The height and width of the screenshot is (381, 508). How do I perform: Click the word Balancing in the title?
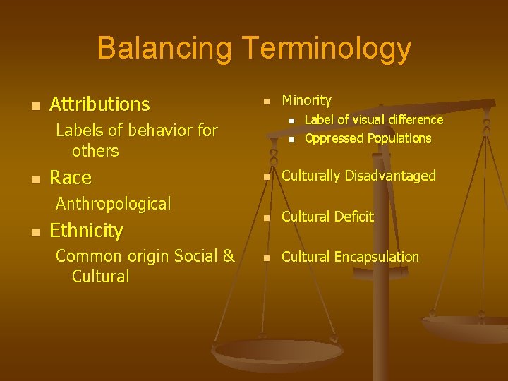coord(164,49)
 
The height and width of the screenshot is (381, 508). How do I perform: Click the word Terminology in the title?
coord(327,49)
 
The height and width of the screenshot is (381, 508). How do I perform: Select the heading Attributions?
coord(99,104)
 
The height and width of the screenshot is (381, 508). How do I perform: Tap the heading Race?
coord(71,177)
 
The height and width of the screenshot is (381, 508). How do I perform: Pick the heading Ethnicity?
coord(86,231)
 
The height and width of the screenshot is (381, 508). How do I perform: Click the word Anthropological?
coord(113,204)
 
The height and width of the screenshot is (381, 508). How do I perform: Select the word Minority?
coord(306,101)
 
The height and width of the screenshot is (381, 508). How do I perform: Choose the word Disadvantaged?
coord(391,176)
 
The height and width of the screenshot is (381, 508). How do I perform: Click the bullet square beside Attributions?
coord(27,106)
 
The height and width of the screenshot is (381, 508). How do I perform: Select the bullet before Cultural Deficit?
coord(266,218)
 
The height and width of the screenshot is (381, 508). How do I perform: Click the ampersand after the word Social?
coord(228,256)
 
